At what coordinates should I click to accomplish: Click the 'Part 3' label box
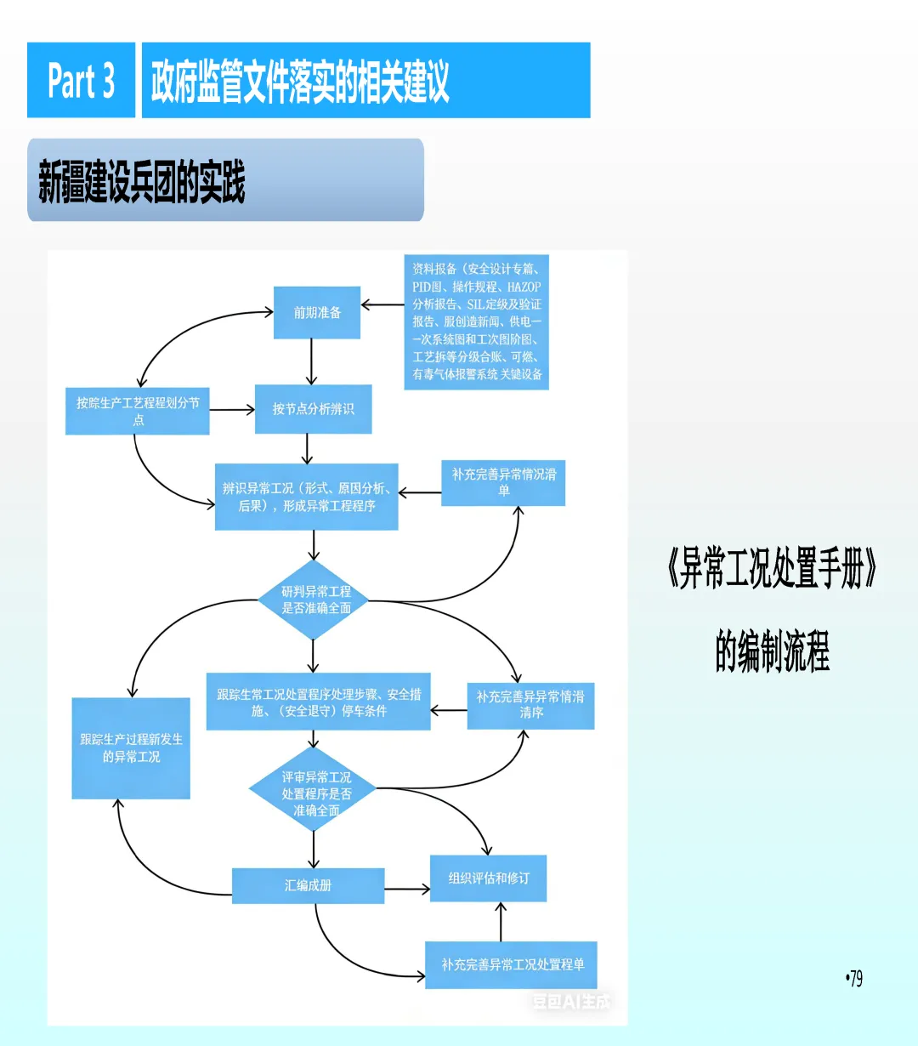81,80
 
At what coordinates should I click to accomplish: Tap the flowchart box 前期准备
317,313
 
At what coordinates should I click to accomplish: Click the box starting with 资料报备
476,321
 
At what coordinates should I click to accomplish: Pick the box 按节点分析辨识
313,409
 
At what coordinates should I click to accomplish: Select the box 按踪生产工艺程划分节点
138,411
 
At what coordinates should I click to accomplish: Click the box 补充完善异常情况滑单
503,482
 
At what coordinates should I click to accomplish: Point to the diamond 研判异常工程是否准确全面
315,600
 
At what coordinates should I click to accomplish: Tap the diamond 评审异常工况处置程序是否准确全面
315,793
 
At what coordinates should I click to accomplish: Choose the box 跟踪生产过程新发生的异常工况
131,748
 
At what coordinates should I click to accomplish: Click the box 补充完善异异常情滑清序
530,705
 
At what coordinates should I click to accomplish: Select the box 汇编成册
308,885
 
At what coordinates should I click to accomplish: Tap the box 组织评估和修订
488,878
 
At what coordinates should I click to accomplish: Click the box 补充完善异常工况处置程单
511,964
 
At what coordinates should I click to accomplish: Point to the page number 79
854,979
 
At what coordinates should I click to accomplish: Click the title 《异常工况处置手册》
772,569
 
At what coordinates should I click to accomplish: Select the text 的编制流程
772,651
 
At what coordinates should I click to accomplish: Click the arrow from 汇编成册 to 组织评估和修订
407,890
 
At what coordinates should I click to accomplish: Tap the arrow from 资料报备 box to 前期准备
382,304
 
